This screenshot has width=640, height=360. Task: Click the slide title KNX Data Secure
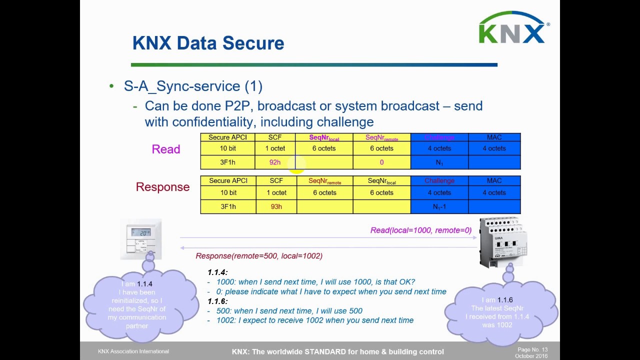208,43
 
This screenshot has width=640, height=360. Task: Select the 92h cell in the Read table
275,162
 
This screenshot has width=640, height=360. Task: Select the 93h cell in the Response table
276,206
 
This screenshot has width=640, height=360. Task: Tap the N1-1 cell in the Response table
439,206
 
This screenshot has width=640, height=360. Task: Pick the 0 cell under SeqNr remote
381,162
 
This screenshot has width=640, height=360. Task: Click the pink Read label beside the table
165,149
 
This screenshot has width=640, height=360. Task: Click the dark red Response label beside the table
162,187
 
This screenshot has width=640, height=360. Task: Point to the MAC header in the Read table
494,137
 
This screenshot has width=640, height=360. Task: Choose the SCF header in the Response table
276,180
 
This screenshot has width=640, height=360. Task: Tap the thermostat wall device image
141,238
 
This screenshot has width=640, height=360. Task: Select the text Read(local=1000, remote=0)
420,230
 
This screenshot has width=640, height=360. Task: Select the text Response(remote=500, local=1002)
259,255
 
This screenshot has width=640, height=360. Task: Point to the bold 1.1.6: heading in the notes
217,301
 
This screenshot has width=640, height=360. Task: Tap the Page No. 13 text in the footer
532,349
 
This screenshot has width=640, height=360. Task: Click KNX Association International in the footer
133,351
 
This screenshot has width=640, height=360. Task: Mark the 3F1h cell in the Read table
227,162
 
